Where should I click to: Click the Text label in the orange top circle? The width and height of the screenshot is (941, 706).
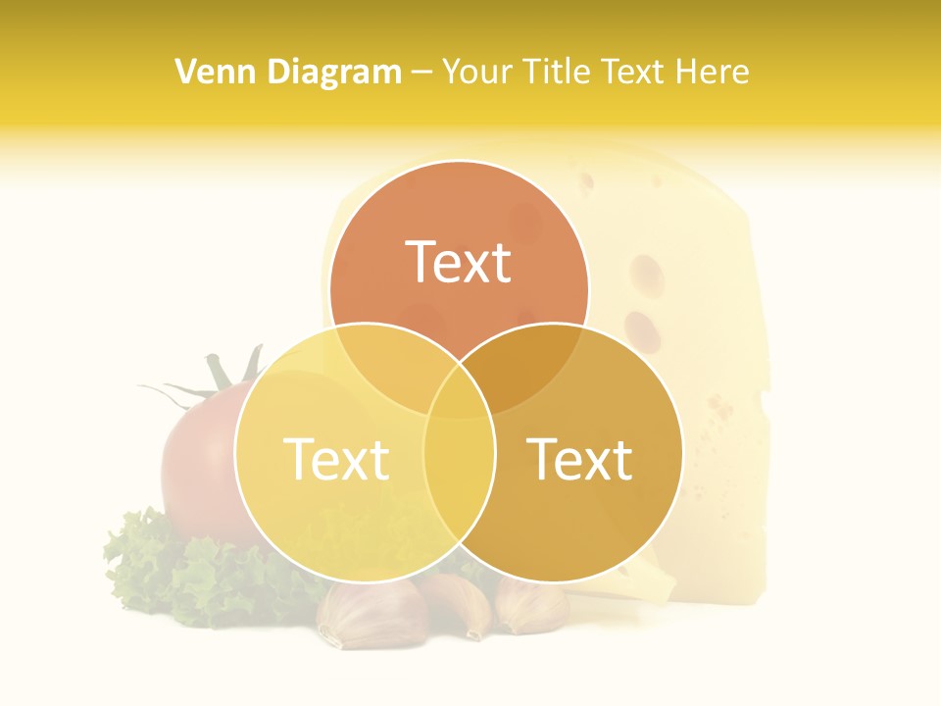459,262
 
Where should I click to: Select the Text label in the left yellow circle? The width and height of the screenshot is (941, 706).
336,458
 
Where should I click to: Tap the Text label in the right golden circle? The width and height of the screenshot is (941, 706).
580,458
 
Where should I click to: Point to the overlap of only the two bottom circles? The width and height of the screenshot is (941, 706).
459,490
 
